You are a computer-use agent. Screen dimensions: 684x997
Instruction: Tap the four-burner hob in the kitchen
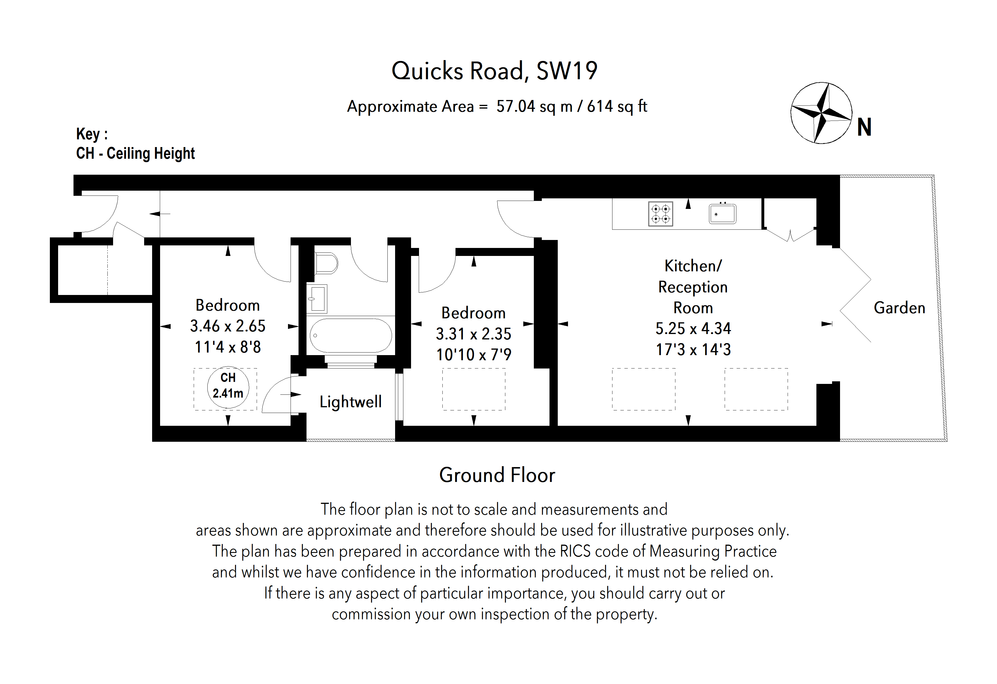coord(660,214)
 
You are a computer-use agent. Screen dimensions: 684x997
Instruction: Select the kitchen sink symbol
coord(722,214)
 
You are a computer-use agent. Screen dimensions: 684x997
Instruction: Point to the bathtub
coord(350,335)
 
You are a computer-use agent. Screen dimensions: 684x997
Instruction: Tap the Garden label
coord(899,308)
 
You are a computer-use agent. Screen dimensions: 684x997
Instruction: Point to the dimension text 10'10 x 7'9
coord(474,355)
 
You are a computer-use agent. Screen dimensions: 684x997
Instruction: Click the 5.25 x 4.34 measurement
coord(693,329)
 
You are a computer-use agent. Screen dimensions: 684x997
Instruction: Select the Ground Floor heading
coord(497,475)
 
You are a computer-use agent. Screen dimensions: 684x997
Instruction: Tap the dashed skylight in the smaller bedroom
coord(474,389)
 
